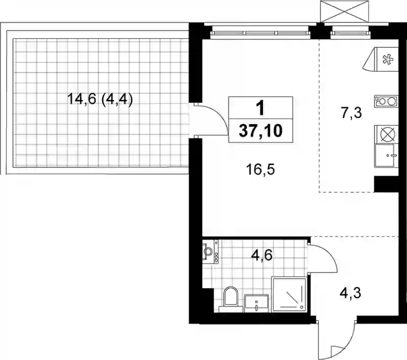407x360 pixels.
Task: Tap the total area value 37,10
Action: click(260, 131)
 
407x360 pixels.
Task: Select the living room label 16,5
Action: click(260, 170)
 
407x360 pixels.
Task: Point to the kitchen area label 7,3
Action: click(352, 113)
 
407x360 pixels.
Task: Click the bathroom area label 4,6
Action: click(261, 255)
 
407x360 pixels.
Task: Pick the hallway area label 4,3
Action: click(351, 293)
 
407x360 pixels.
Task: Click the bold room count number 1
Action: click(260, 108)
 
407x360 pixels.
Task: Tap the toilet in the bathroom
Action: click(231, 299)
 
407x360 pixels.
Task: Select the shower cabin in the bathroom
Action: click(289, 294)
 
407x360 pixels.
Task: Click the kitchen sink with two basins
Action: click(386, 101)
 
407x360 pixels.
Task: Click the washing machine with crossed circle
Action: click(387, 134)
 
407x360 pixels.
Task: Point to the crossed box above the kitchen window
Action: click(344, 11)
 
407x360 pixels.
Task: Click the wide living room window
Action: click(260, 33)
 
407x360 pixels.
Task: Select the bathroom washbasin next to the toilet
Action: click(256, 302)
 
